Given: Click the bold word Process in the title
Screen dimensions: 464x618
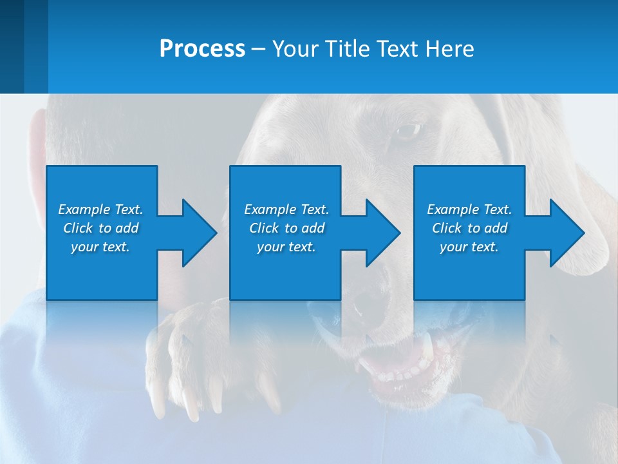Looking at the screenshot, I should point(202,49).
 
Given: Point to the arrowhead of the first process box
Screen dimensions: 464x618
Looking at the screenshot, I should point(200,233).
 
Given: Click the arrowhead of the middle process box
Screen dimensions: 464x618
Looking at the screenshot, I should point(384,233).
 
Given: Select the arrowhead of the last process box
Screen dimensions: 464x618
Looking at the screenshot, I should point(567,233).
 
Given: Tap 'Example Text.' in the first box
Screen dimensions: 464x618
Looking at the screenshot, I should point(100,209).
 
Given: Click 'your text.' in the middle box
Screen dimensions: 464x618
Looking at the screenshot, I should point(286,247).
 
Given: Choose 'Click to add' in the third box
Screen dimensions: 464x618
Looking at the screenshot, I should point(469,228).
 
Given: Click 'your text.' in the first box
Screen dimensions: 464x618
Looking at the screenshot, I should point(100,247).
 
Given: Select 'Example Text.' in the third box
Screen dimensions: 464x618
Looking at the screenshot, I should point(469,209).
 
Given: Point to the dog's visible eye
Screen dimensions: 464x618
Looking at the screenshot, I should point(407,131).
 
